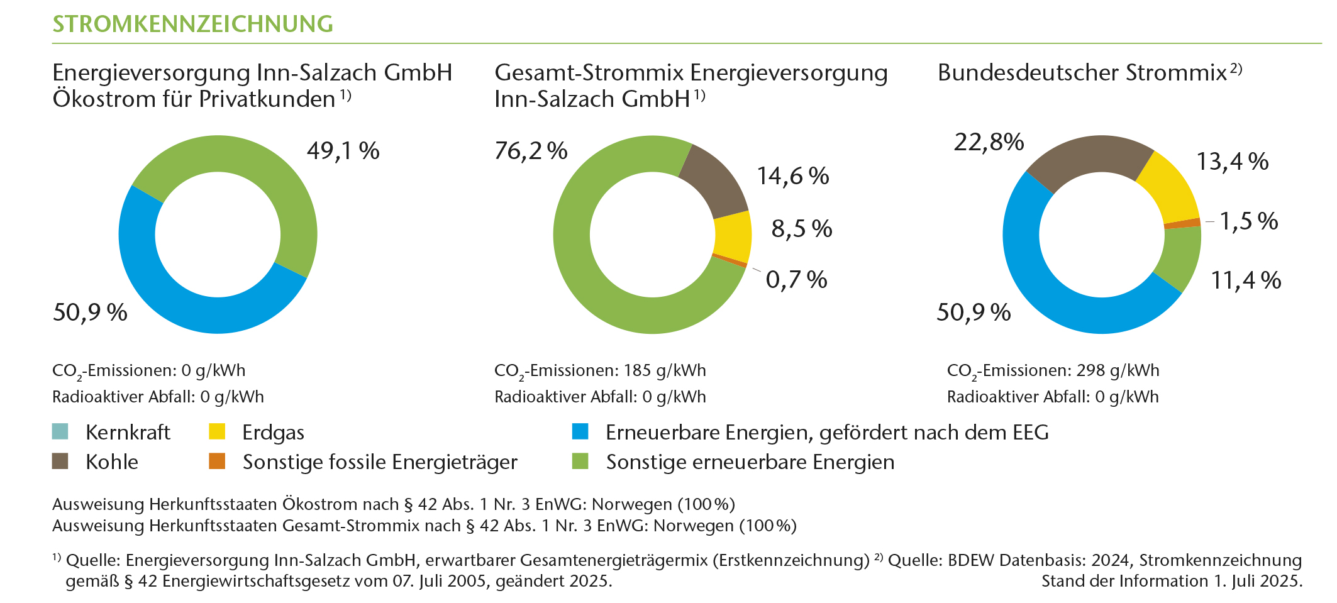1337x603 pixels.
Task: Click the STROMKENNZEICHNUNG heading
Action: click(x=192, y=24)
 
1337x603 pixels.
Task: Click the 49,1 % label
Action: click(x=343, y=151)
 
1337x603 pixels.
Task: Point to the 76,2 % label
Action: click(x=531, y=151)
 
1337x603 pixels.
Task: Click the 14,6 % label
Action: click(x=792, y=176)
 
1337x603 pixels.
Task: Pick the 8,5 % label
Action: click(x=801, y=229)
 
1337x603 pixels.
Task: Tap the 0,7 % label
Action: click(x=796, y=280)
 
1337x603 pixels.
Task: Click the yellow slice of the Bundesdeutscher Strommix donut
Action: click(x=1167, y=185)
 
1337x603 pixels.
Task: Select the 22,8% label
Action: click(x=989, y=142)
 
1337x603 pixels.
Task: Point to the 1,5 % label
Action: click(x=1248, y=221)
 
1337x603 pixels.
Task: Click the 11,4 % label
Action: click(x=1246, y=280)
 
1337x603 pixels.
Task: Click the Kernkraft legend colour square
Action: click(x=60, y=432)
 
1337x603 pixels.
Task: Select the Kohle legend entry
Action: click(x=111, y=462)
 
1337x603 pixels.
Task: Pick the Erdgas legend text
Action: click(x=273, y=433)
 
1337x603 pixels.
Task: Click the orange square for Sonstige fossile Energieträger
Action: click(x=217, y=462)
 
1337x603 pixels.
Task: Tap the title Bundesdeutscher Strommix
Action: click(x=1082, y=73)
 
